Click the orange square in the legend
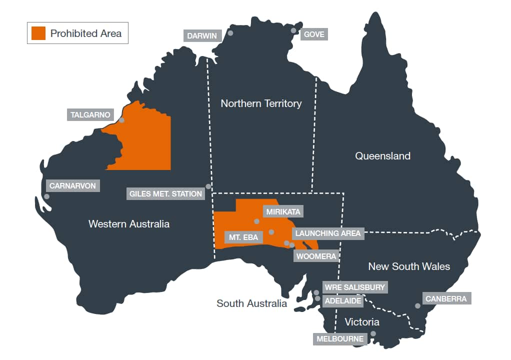(x=38, y=33)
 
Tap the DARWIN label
(x=202, y=36)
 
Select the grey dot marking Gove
(x=294, y=30)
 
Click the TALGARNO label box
(x=90, y=114)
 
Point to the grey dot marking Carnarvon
(x=46, y=196)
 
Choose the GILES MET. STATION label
(x=165, y=193)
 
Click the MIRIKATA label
(x=283, y=212)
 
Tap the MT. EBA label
(x=243, y=237)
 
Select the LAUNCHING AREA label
(x=327, y=233)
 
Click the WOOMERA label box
(x=316, y=256)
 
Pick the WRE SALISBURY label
(x=354, y=287)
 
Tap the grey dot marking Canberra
(x=417, y=306)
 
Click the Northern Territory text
(x=261, y=103)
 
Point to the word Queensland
(x=382, y=156)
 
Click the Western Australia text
(x=128, y=224)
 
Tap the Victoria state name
(x=362, y=321)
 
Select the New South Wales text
(x=409, y=266)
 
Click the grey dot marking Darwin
(x=230, y=33)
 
